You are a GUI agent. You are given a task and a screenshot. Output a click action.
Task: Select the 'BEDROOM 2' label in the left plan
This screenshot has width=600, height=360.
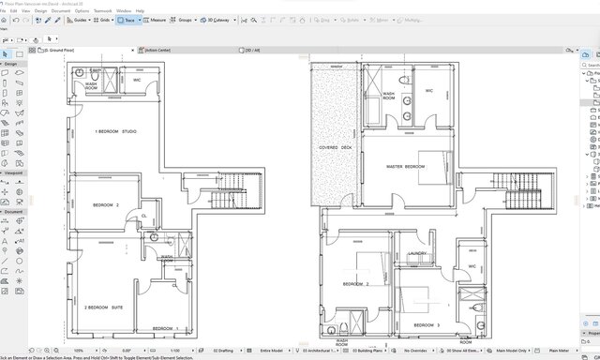tap(105, 204)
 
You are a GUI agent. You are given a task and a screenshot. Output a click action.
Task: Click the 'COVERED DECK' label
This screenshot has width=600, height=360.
tap(335, 147)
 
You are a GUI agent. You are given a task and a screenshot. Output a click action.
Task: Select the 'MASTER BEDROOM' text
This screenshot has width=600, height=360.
tap(406, 167)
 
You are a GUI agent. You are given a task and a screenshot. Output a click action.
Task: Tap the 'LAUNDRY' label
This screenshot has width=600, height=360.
tap(418, 253)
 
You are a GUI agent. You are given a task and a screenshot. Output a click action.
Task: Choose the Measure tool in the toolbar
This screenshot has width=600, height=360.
tap(156, 19)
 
